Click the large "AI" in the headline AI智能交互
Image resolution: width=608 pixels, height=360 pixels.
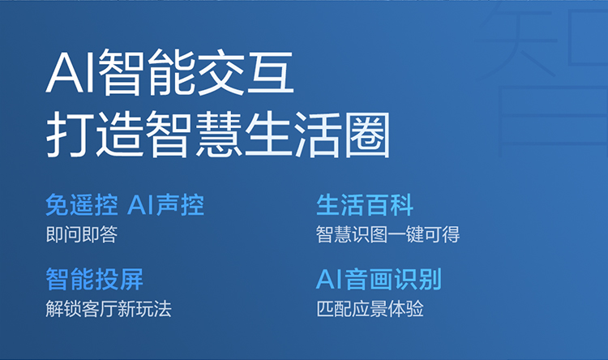click(71, 73)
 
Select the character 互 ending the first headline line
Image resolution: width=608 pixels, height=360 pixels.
click(271, 73)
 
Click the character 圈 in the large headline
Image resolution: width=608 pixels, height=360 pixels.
click(366, 135)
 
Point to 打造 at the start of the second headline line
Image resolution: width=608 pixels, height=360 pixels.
click(93, 134)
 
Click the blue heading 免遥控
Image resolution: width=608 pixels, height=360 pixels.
click(82, 204)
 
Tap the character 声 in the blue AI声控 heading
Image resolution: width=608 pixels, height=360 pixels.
click(168, 204)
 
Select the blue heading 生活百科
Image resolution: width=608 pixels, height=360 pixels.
click(365, 204)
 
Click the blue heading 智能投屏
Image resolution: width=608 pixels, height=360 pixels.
click(95, 279)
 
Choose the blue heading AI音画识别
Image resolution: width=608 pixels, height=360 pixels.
click(379, 279)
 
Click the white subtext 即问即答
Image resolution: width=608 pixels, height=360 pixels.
click(82, 234)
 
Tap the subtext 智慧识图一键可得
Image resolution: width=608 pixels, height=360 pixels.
click(388, 234)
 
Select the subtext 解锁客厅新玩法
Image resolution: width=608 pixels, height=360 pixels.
click(109, 309)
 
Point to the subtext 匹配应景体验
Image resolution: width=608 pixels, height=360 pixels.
click(370, 309)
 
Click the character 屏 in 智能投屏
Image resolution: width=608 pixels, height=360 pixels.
click(131, 279)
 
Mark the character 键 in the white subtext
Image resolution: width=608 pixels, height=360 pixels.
click(415, 234)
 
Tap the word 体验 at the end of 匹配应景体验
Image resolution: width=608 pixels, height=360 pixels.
click(406, 309)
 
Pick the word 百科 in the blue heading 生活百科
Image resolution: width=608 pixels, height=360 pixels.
click(389, 204)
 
